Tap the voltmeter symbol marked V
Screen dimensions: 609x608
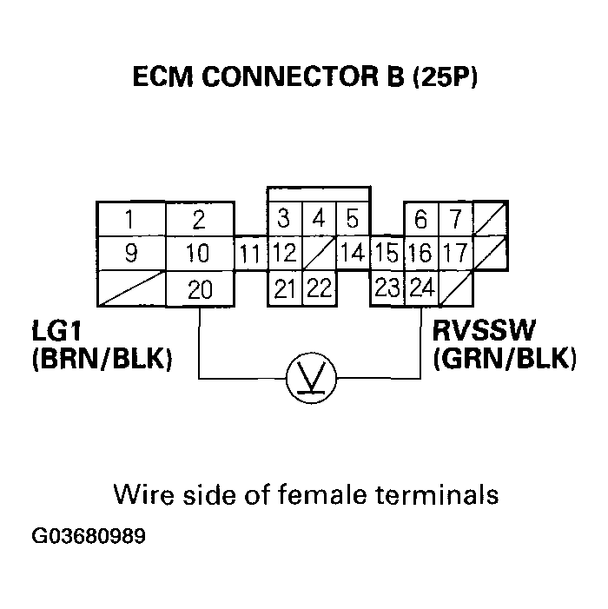(312, 379)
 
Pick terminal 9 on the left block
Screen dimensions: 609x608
(129, 255)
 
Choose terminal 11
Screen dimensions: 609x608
(250, 255)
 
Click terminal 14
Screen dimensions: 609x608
(353, 255)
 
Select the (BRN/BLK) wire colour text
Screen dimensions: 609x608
(101, 358)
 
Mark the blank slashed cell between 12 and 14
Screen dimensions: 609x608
(319, 255)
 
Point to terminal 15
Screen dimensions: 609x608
(387, 255)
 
